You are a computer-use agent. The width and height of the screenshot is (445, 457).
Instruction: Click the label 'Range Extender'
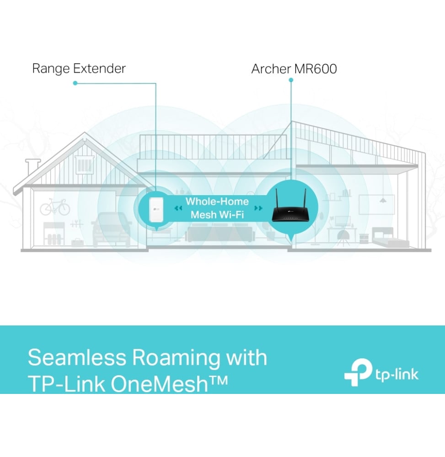coord(79,69)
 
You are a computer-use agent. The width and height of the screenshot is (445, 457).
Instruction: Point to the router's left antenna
coord(278,197)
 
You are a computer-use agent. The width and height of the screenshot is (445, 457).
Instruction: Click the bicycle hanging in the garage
coord(55,208)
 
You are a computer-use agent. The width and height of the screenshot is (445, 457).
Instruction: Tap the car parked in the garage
coord(112,228)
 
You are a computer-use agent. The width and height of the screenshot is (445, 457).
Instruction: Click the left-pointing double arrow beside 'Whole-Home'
coord(178,208)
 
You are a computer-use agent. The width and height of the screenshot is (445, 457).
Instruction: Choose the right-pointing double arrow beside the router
coord(258,208)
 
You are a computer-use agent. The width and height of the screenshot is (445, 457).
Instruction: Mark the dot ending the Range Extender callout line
coord(75,83)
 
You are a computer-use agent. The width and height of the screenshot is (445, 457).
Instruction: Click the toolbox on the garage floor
coord(77,244)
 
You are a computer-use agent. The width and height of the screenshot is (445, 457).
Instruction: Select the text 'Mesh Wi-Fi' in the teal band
coord(217,214)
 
